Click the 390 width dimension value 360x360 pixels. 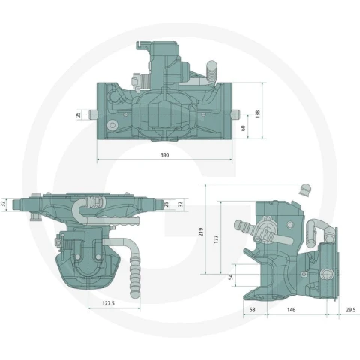point(164,155)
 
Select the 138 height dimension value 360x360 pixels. point(258,114)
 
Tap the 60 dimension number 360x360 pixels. point(243,128)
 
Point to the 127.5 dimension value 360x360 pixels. point(108,303)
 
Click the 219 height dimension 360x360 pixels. point(201,232)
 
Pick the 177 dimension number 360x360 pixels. point(217,239)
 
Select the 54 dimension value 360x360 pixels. point(231,277)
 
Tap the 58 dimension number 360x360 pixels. point(253,310)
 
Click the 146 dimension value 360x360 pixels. point(291,310)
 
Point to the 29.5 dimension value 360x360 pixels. point(351,310)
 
